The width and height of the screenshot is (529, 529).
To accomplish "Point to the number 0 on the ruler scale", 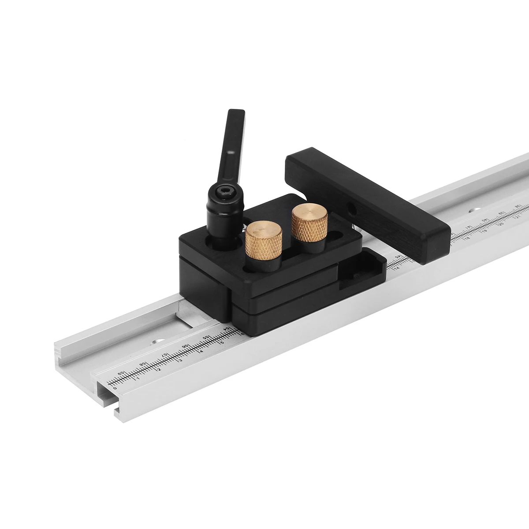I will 115,388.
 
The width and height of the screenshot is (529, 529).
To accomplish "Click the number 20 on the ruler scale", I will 501,224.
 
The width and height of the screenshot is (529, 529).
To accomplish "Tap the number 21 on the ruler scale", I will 518,216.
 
